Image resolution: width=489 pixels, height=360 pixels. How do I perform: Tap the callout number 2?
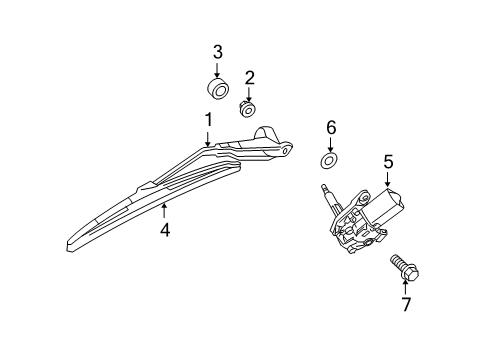[x=250, y=76]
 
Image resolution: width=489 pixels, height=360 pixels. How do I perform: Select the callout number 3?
[x=217, y=52]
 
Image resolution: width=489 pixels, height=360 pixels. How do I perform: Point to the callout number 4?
[x=165, y=230]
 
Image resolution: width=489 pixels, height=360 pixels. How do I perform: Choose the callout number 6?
[x=331, y=127]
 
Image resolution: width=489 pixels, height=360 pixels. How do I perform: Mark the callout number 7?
[x=405, y=304]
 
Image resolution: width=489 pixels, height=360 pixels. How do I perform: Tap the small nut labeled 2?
[x=247, y=108]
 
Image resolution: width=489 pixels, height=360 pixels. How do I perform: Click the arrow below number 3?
[x=217, y=69]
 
